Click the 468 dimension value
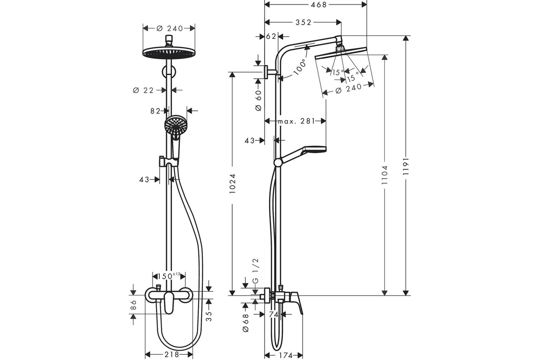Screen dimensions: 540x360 pyautogui.click(x=318, y=5)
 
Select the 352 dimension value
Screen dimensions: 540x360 pyautogui.click(x=303, y=22)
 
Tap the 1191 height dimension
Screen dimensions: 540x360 pyautogui.click(x=406, y=166)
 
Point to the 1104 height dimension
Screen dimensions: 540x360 pyautogui.click(x=385, y=175)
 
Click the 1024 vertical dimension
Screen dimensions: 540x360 pyautogui.click(x=232, y=184)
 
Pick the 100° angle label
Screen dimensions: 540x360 pyautogui.click(x=300, y=67)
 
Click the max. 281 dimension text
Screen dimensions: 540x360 pyautogui.click(x=296, y=121)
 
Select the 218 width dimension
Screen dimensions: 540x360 pyautogui.click(x=172, y=355)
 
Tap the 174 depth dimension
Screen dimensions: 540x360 pyautogui.click(x=286, y=355)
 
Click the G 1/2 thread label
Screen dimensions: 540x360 pyautogui.click(x=255, y=271)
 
